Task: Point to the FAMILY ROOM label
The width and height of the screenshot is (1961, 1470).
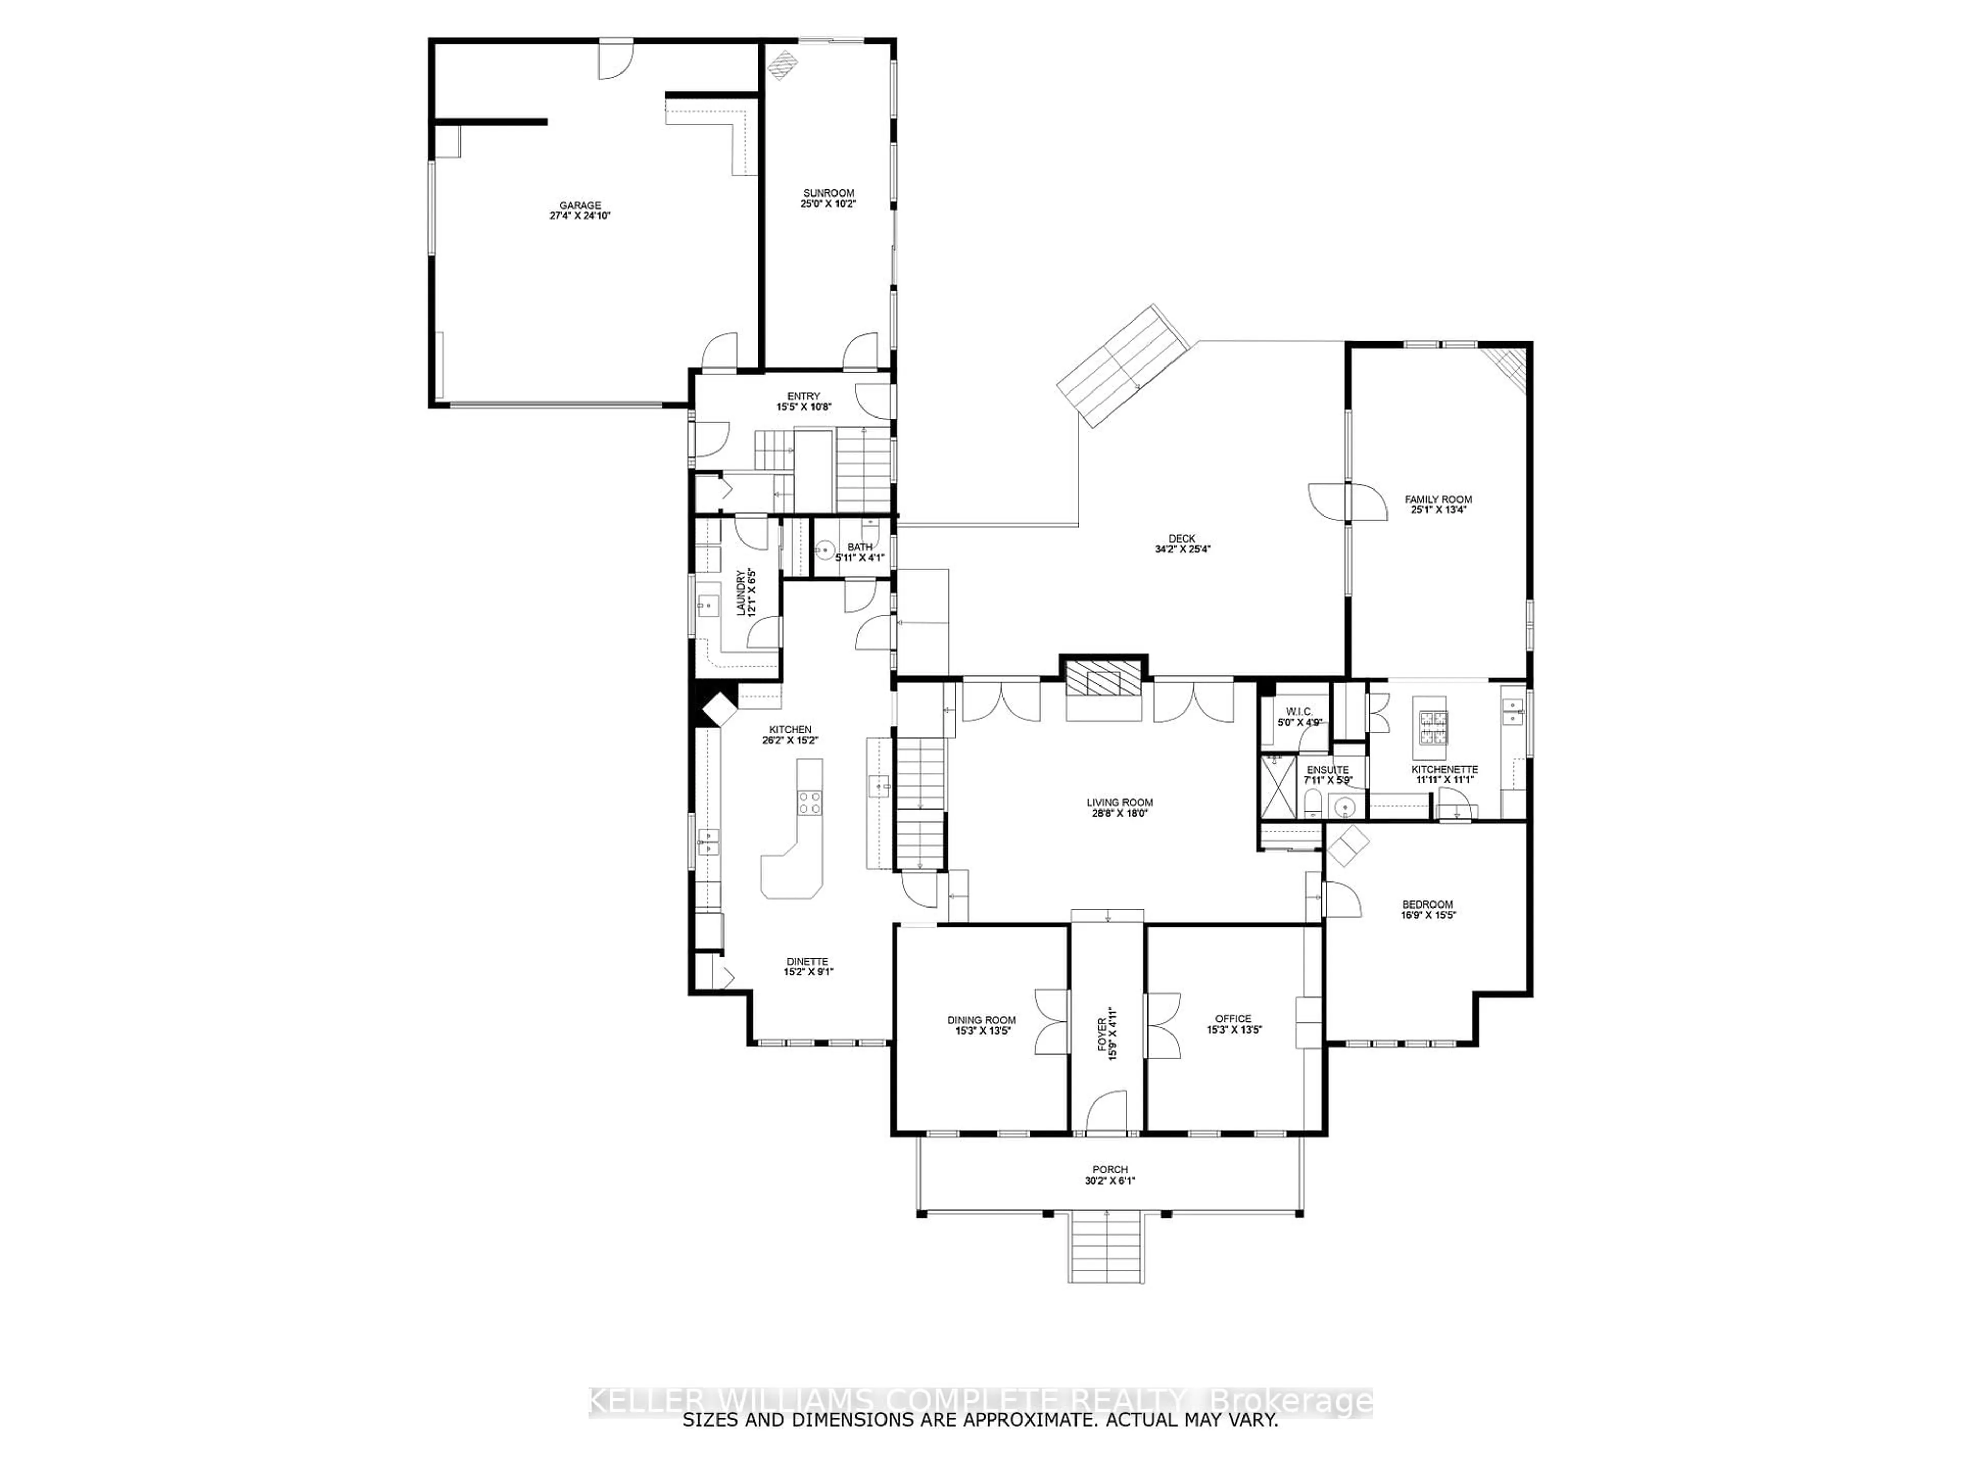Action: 1438,500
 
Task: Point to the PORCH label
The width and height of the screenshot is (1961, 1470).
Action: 1109,1170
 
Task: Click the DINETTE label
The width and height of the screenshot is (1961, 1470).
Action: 807,962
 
